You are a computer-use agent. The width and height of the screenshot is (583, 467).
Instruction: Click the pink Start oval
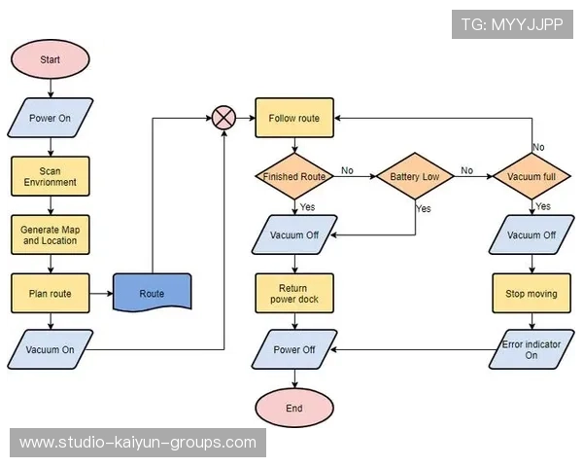tap(51, 59)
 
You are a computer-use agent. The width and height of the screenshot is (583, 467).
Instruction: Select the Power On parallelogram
tap(51, 118)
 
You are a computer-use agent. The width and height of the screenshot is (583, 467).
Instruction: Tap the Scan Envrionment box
tap(51, 176)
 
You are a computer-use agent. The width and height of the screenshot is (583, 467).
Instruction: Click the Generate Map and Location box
tap(51, 234)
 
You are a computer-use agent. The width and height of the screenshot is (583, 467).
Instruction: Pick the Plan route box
tap(51, 293)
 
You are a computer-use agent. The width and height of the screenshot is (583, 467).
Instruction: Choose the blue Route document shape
tap(153, 293)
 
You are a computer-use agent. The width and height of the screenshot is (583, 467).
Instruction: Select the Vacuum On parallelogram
tap(51, 350)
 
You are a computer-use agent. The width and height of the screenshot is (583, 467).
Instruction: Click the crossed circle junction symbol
tap(224, 118)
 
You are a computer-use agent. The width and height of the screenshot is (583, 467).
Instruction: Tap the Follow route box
tap(294, 118)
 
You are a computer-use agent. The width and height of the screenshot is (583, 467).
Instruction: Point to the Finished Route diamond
tap(294, 177)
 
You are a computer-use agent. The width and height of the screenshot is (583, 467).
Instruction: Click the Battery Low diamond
tap(416, 177)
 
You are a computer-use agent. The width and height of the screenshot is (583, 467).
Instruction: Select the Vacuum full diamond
tap(532, 177)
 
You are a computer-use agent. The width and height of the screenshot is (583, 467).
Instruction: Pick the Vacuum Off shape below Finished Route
tap(294, 234)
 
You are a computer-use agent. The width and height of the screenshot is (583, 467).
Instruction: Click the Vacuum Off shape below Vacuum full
tap(532, 234)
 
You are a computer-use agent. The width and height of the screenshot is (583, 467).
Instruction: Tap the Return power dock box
tap(294, 293)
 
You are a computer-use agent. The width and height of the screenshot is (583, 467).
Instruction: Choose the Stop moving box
tap(532, 293)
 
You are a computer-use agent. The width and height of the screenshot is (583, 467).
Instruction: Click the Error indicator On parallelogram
tap(532, 349)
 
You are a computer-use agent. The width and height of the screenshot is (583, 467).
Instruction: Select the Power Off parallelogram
tap(294, 350)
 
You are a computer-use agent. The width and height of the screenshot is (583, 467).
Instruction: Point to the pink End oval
tap(294, 409)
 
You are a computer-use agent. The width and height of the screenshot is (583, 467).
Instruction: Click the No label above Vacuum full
tap(538, 147)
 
